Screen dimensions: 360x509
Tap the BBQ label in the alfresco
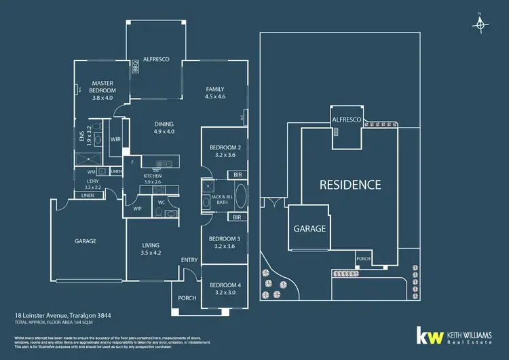pyautogui.click(x=135, y=67)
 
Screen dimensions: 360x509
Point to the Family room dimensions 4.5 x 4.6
pyautogui.click(x=214, y=97)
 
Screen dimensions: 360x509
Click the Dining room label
pyautogui.click(x=164, y=124)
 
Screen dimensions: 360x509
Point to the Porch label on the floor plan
pyautogui.click(x=187, y=298)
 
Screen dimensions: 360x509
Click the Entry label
pyautogui.click(x=189, y=260)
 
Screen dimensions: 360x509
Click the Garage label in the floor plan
pyautogui.click(x=86, y=241)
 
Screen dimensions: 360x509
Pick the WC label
pyautogui.click(x=162, y=202)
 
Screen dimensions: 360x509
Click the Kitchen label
pyautogui.click(x=153, y=176)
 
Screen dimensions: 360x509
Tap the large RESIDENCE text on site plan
pyautogui.click(x=350, y=184)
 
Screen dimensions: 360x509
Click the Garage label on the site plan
pyautogui.click(x=309, y=229)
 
